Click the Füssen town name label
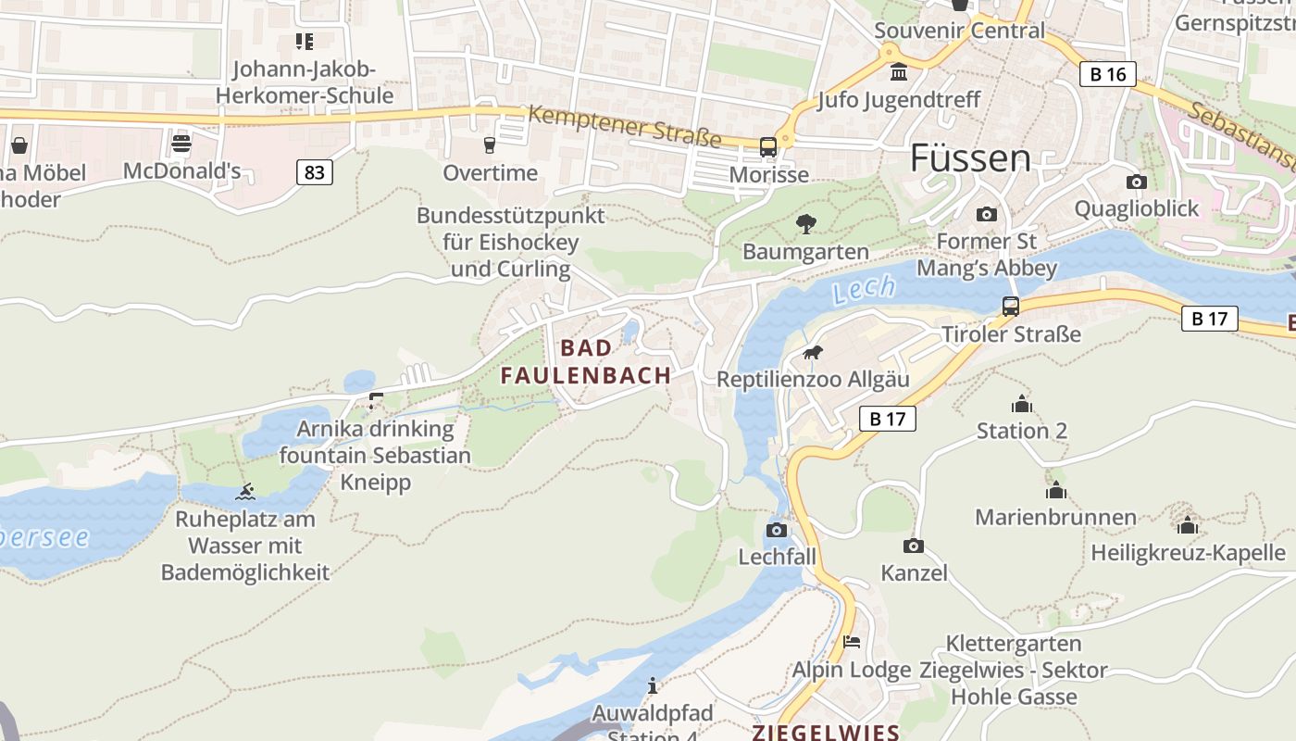coord(970,158)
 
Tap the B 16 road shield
coord(1107,74)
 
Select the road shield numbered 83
coord(315,171)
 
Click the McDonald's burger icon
coord(181,144)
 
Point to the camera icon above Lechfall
coord(777,530)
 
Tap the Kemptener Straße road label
coord(624,125)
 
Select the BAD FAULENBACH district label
coord(586,361)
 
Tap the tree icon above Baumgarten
coord(805,223)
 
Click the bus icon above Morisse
coord(768,146)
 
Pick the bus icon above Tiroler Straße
coord(1011,306)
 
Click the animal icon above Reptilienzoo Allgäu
coord(813,352)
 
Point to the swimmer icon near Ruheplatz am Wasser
coord(245,492)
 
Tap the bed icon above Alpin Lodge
coord(852,641)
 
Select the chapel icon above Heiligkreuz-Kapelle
coord(1188,525)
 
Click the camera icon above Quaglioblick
coord(1136,182)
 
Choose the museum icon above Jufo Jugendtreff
coord(898,72)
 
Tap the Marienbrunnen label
coord(1055,517)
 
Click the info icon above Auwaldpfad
coord(653,685)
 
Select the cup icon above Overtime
coord(490,144)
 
